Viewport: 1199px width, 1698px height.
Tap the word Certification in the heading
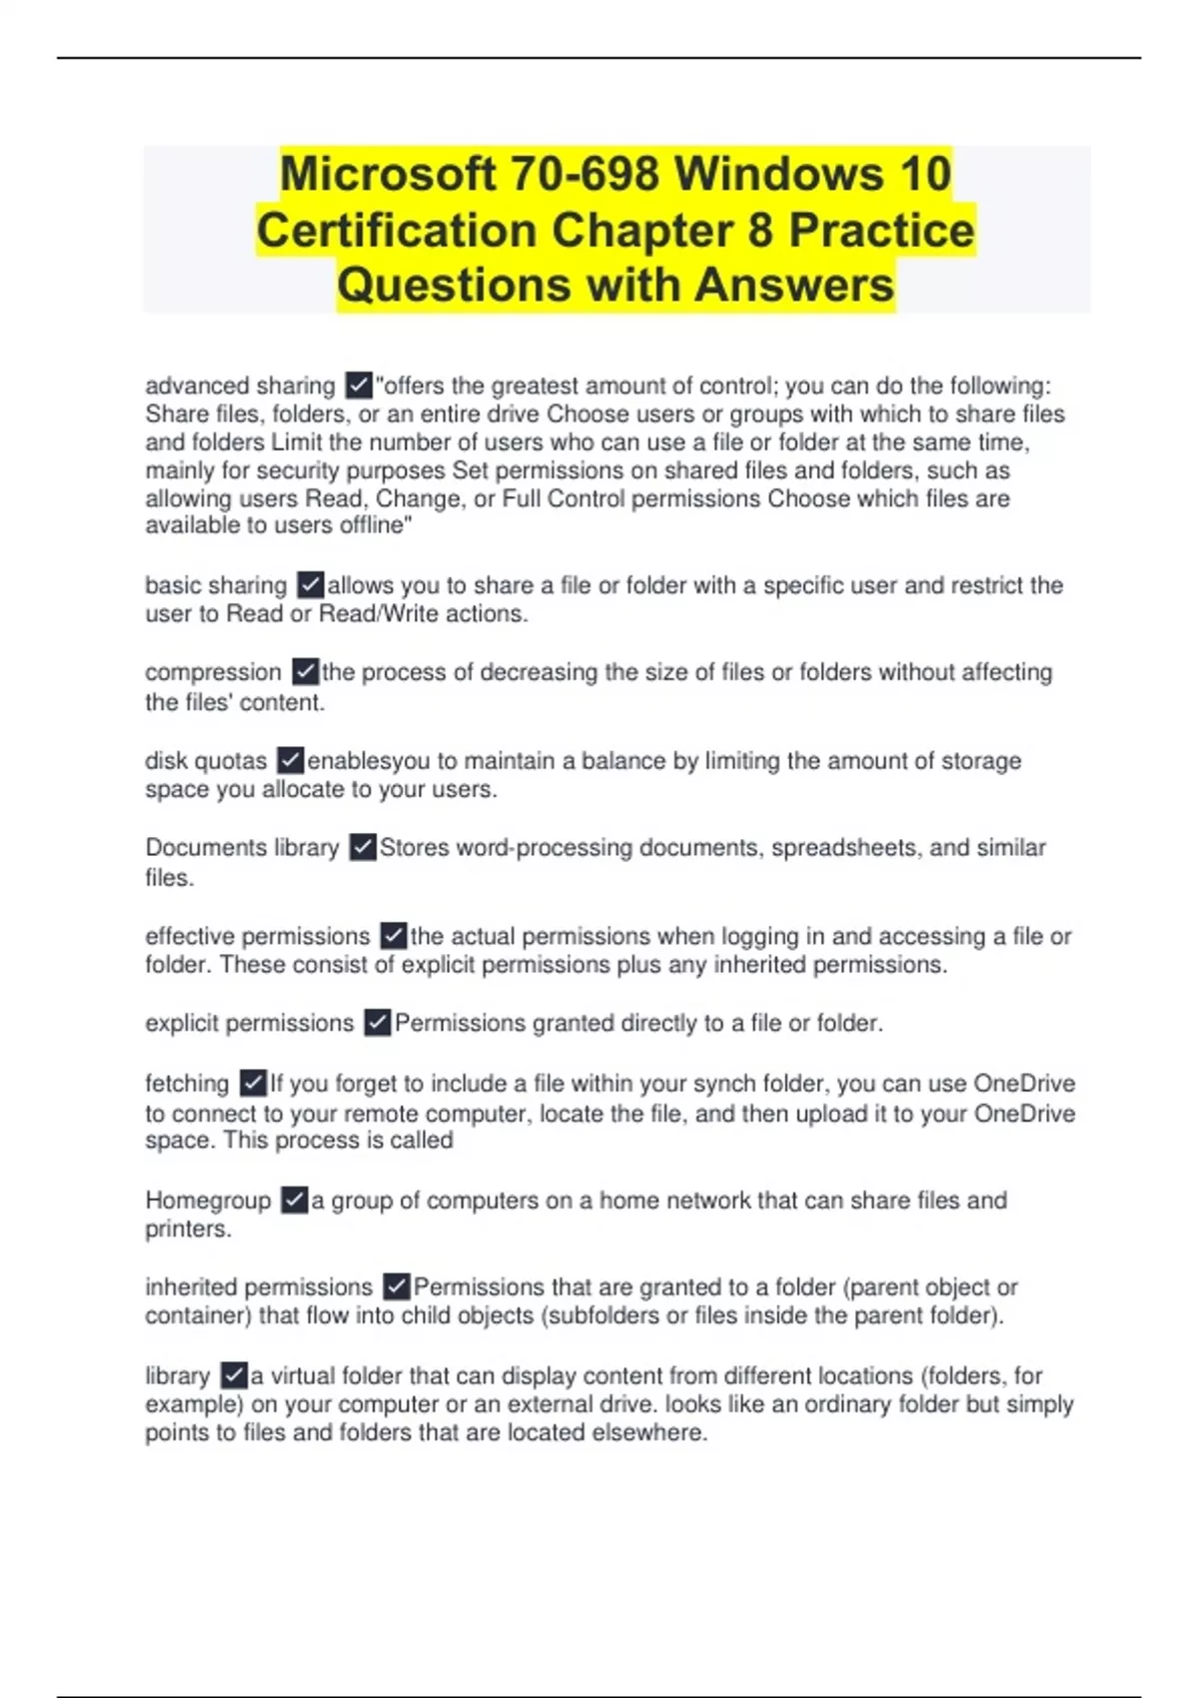(x=398, y=231)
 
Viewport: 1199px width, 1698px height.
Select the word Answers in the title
(x=794, y=285)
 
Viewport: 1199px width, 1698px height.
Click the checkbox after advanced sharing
(x=359, y=385)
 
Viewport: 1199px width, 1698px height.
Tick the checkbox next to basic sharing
(x=311, y=584)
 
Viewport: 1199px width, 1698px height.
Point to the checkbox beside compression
(x=305, y=671)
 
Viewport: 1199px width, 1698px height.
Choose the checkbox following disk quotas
(x=290, y=760)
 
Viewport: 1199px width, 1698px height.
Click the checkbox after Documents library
(x=363, y=847)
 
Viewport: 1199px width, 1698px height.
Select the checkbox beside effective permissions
(x=394, y=936)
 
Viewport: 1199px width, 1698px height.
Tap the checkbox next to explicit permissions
(x=377, y=1023)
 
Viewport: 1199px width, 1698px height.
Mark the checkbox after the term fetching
(x=253, y=1083)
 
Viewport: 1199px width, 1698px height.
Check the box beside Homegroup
(x=294, y=1200)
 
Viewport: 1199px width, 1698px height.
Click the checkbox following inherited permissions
(x=396, y=1286)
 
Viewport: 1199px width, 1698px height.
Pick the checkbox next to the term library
(x=233, y=1375)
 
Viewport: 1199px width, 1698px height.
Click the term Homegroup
(x=208, y=1201)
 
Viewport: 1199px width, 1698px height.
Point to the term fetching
(x=187, y=1084)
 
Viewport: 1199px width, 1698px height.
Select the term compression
(x=213, y=672)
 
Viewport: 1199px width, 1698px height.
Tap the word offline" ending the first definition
(x=376, y=525)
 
